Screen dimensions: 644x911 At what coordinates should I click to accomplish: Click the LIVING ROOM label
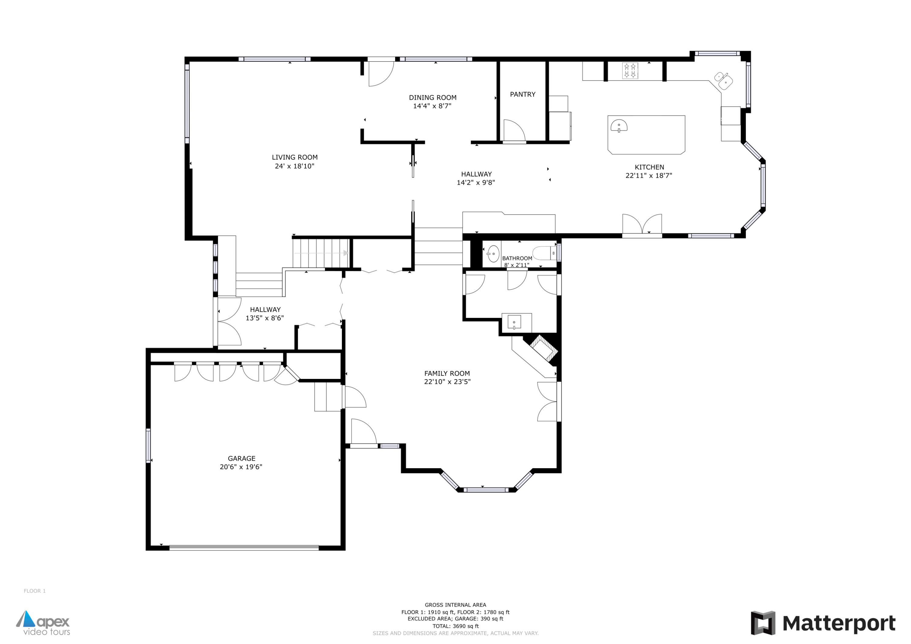tap(295, 157)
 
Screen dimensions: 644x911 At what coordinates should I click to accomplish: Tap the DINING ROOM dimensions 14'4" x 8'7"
tap(432, 106)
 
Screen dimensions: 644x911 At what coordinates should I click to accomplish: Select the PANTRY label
tap(523, 94)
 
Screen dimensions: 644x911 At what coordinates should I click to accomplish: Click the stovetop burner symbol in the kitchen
tap(630, 71)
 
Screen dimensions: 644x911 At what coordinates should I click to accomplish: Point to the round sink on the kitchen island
tap(619, 125)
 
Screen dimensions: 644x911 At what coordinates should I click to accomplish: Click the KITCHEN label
tap(649, 167)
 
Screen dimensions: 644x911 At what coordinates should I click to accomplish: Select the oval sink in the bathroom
tap(493, 254)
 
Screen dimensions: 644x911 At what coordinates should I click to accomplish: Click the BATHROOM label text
tap(517, 258)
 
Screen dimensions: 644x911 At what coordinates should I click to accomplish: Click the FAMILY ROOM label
tap(447, 373)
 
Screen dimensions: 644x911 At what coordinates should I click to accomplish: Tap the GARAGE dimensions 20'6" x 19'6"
tap(241, 467)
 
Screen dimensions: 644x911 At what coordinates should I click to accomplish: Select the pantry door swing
tap(514, 131)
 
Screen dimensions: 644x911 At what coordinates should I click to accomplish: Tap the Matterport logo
tap(823, 623)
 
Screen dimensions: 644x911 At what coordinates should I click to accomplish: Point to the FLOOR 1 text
tap(35, 591)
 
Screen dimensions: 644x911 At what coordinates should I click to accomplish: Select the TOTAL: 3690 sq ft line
tap(455, 626)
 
